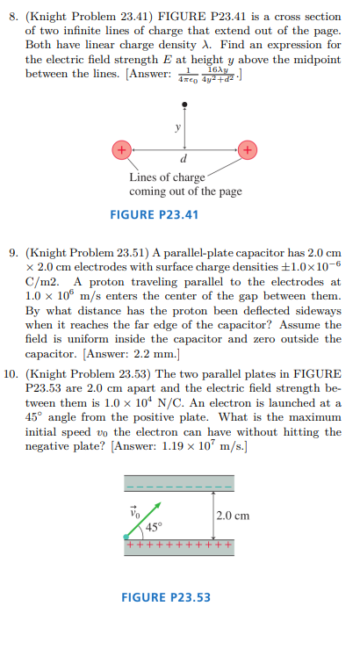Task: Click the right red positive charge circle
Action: (x=248, y=149)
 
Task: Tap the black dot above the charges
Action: (x=184, y=106)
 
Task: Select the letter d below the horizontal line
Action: (x=184, y=161)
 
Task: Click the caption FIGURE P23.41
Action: (x=155, y=214)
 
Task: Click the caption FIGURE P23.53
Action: (x=166, y=598)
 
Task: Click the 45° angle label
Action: (x=154, y=526)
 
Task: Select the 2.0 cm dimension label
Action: (x=232, y=516)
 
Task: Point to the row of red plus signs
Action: (x=180, y=544)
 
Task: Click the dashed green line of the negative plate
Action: (x=180, y=485)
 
